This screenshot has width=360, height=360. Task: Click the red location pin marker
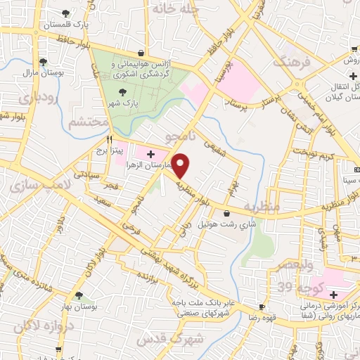(x=181, y=165)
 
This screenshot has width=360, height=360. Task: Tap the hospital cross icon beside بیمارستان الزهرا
(x=150, y=153)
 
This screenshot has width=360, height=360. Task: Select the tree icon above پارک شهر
(x=124, y=91)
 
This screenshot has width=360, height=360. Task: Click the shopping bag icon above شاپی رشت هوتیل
(x=226, y=213)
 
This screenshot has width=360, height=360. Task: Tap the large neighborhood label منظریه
(x=268, y=207)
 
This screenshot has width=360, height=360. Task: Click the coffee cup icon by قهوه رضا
(x=263, y=307)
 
